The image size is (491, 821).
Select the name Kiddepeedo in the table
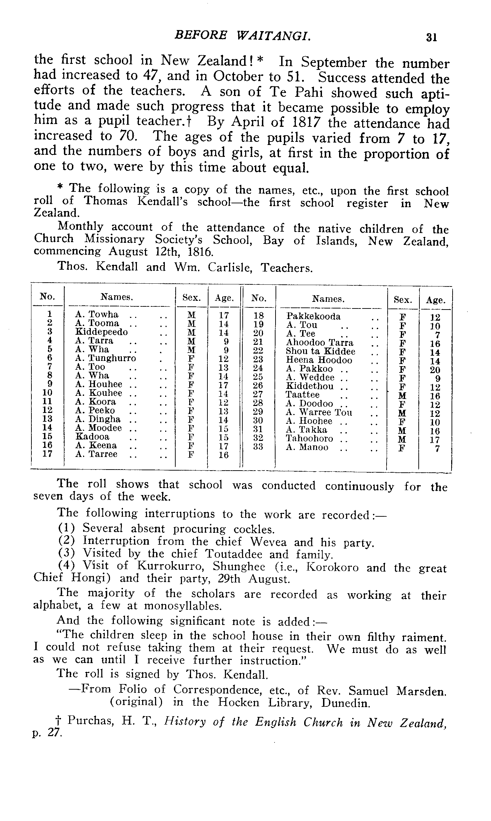point(102,332)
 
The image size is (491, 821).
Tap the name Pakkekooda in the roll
point(313,316)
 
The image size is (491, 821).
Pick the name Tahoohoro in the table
point(309,438)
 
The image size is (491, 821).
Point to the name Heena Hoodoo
point(319,360)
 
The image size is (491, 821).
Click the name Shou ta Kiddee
point(320,351)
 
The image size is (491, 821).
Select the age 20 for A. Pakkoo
point(435,370)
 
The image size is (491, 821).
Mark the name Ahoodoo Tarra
point(320,342)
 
